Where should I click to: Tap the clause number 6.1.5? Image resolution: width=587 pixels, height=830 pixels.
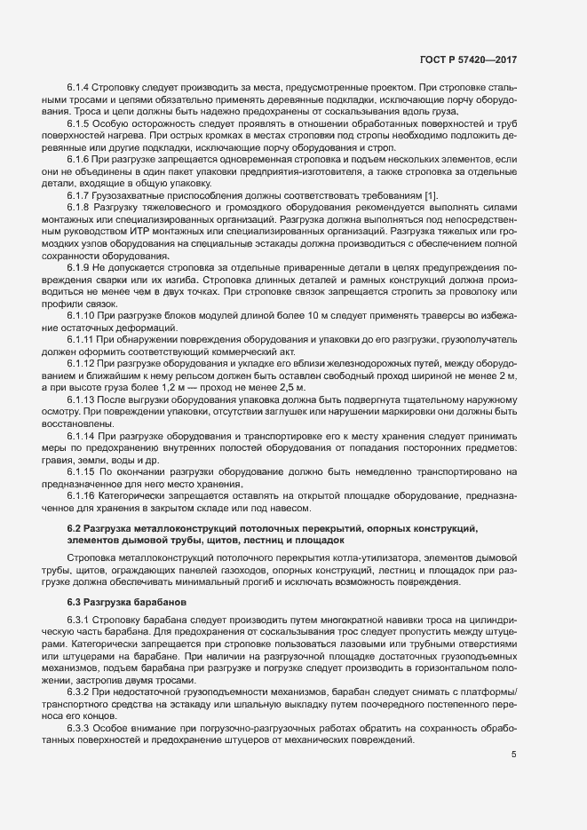pyautogui.click(x=78, y=123)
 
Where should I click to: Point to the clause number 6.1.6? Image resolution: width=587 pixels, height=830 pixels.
pyautogui.click(x=78, y=157)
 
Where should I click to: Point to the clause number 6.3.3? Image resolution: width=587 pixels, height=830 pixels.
pyautogui.click(x=78, y=726)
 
